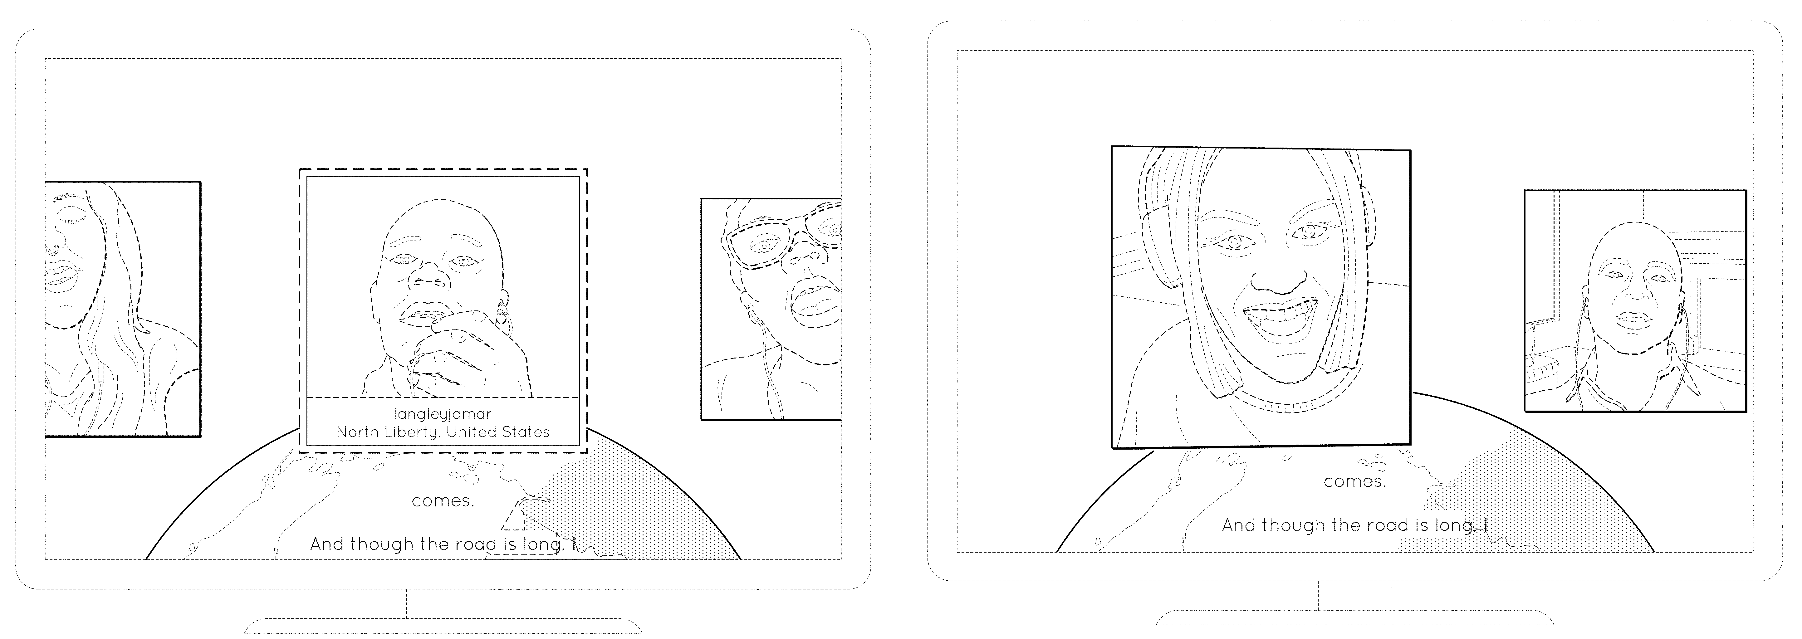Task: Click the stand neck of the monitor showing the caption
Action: [x=443, y=603]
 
